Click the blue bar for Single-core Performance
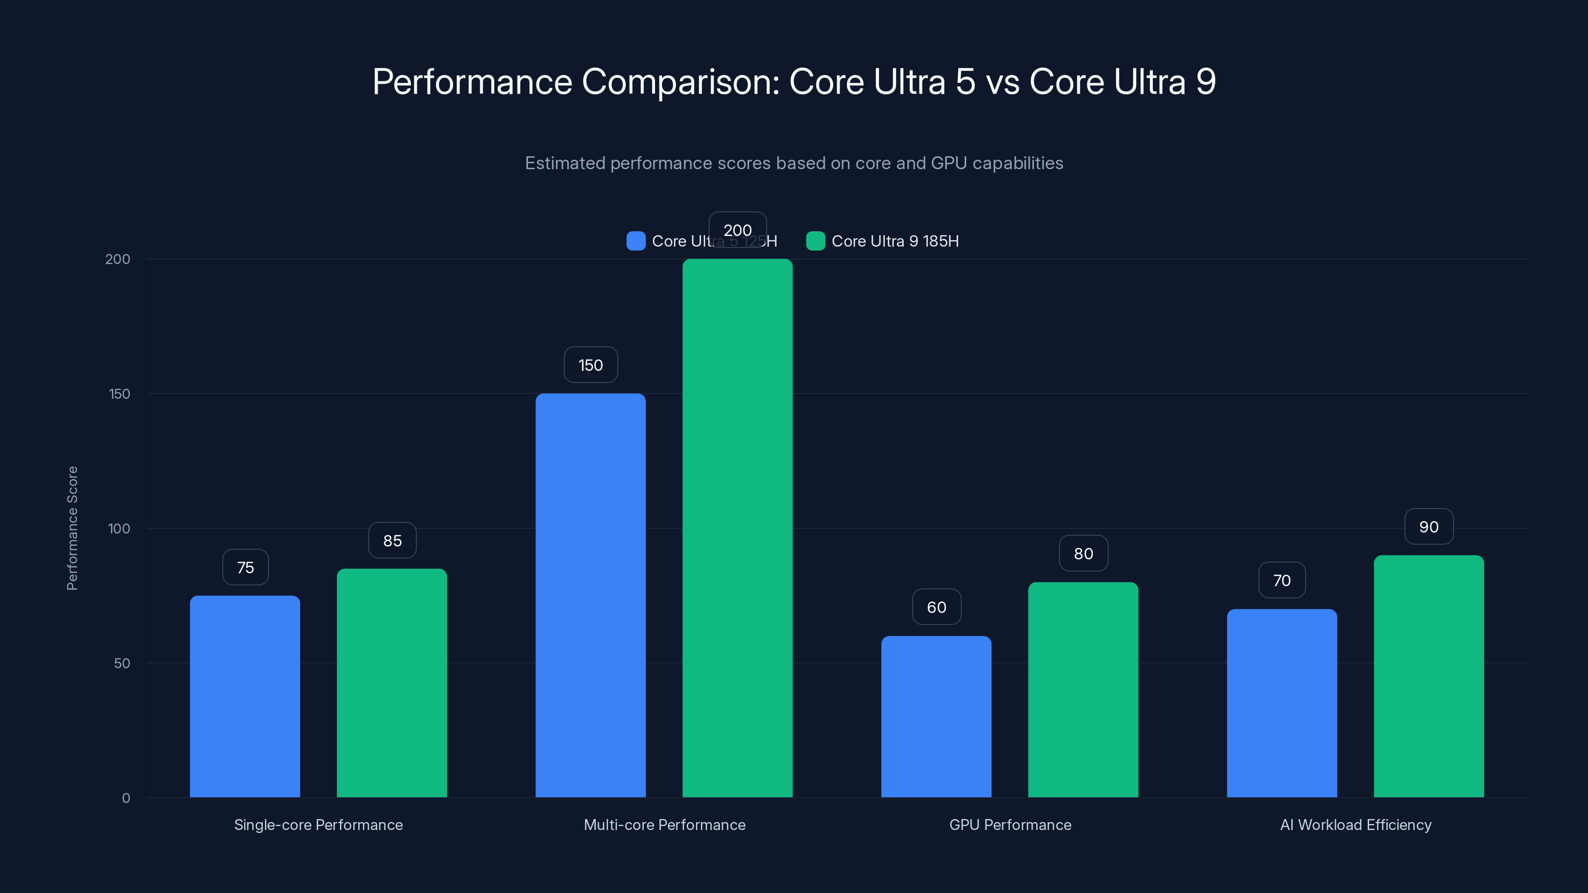coord(245,697)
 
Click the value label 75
coord(245,567)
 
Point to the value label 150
coord(591,365)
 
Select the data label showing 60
coord(936,607)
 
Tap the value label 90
coord(1428,526)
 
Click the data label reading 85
coord(392,540)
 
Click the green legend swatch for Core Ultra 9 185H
coord(815,241)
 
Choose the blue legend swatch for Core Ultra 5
coord(636,241)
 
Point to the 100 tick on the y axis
coord(119,528)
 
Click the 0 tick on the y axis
coord(126,798)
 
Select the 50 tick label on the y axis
coord(122,663)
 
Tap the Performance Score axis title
coord(72,528)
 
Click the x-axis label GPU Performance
coord(1010,825)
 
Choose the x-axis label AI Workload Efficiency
coord(1356,825)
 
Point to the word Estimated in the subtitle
coord(565,163)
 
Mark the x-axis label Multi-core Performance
coord(664,825)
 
